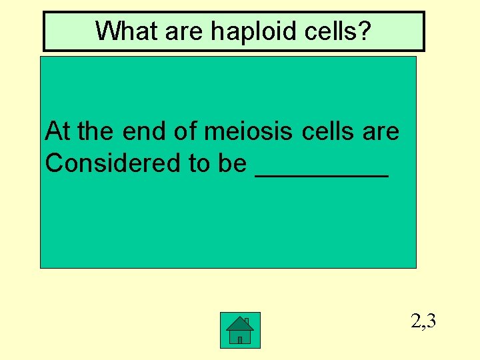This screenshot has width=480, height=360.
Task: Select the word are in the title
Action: pos(179,31)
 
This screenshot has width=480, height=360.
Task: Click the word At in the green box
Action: pos(58,132)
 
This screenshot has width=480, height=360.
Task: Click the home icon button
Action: pos(240,329)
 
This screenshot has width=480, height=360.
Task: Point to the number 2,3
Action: pos(424,322)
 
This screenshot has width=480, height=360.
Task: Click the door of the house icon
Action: pos(240,339)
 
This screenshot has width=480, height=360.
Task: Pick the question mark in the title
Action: pos(364,31)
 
